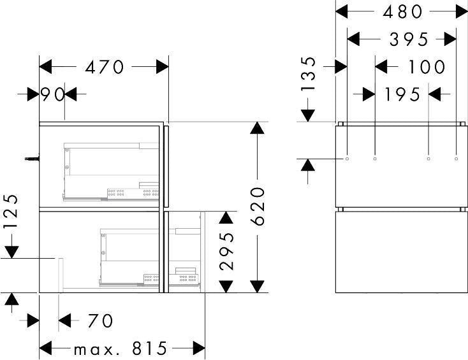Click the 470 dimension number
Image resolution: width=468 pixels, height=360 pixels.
pyautogui.click(x=104, y=67)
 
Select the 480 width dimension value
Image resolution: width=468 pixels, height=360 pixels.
pyautogui.click(x=402, y=12)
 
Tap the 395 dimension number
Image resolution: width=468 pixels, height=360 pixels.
pyautogui.click(x=409, y=40)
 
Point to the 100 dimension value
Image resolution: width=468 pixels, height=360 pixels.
pyautogui.click(x=427, y=66)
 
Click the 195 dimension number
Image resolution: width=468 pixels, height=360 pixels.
pyautogui.click(x=402, y=94)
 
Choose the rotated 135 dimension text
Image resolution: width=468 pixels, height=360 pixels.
pyautogui.click(x=308, y=73)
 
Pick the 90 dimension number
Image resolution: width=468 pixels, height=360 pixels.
pyautogui.click(x=52, y=94)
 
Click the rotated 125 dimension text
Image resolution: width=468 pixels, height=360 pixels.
pyautogui.click(x=11, y=212)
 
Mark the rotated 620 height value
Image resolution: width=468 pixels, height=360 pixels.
pyautogui.click(x=258, y=206)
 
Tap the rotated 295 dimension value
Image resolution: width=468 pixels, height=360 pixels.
pyautogui.click(x=226, y=252)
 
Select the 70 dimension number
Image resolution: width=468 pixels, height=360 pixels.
pyautogui.click(x=100, y=320)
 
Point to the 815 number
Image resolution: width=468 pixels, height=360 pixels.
pyautogui.click(x=150, y=348)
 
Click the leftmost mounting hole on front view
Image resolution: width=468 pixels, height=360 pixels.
pyautogui.click(x=347, y=159)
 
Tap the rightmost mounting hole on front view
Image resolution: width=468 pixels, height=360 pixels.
pyautogui.click(x=456, y=159)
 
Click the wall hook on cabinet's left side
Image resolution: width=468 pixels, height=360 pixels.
pyautogui.click(x=32, y=159)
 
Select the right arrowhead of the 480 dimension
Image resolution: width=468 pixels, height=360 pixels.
pyautogui.click(x=462, y=12)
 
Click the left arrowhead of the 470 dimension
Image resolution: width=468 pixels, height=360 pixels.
pyautogui.click(x=45, y=66)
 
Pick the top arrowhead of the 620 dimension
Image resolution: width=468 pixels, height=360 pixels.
pyautogui.click(x=258, y=127)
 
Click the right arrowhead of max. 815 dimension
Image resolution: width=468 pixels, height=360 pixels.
pyautogui.click(x=199, y=348)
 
